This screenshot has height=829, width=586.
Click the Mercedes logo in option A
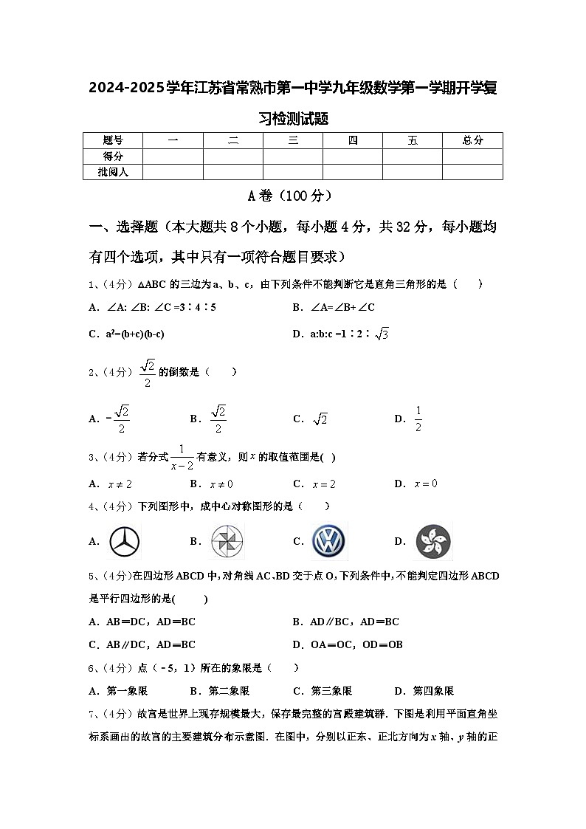(125, 542)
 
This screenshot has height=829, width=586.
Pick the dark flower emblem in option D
(433, 542)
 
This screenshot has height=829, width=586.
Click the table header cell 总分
(472, 140)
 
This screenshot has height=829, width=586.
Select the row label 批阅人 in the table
(113, 172)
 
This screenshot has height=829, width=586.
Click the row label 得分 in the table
(113, 156)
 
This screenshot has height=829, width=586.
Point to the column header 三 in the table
(293, 140)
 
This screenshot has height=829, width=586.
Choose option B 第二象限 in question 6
(220, 691)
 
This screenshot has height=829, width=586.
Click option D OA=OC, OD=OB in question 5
(348, 644)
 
